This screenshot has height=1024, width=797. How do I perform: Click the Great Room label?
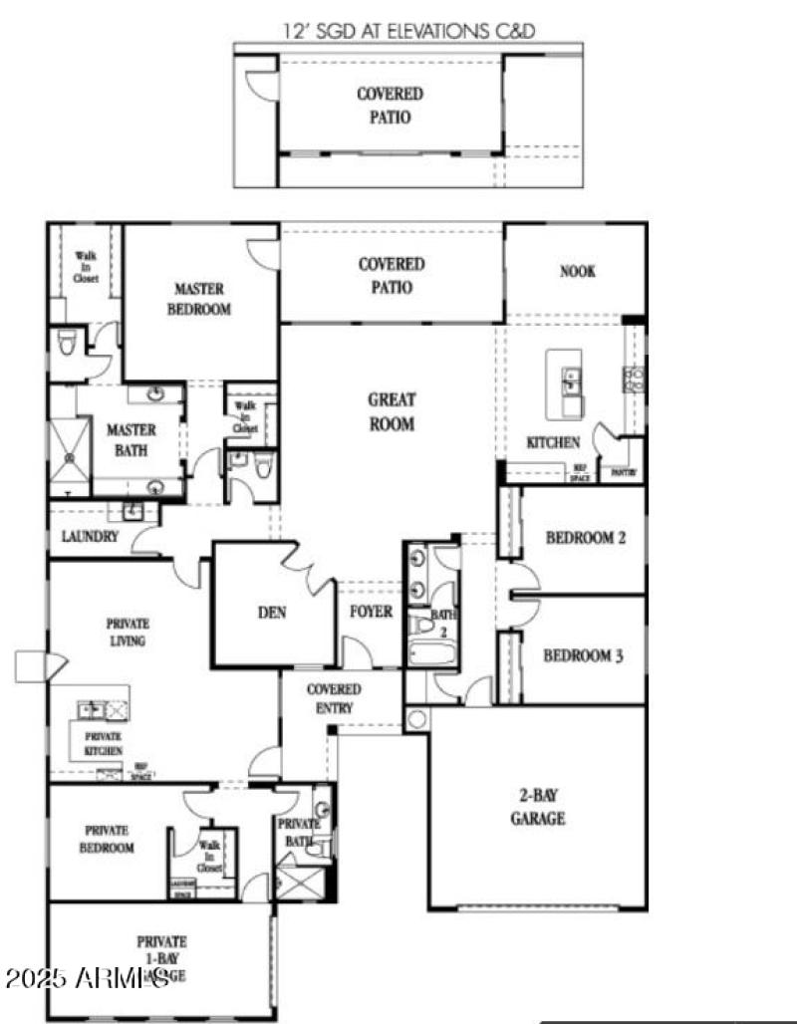392,411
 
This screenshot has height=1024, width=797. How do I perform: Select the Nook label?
577,271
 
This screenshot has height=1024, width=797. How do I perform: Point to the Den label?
272,613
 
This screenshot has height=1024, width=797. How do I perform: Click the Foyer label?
371,612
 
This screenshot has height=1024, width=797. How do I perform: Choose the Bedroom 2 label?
585,538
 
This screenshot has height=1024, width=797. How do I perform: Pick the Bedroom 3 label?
584,656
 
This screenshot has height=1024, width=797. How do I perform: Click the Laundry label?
90,536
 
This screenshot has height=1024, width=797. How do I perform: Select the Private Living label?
127,633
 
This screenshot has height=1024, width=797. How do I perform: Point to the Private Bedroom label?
109,839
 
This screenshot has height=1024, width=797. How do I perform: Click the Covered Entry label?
334,698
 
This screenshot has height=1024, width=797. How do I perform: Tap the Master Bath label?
132,439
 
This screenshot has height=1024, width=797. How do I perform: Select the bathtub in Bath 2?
430,654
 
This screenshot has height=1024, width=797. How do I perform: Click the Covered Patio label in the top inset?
390,105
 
